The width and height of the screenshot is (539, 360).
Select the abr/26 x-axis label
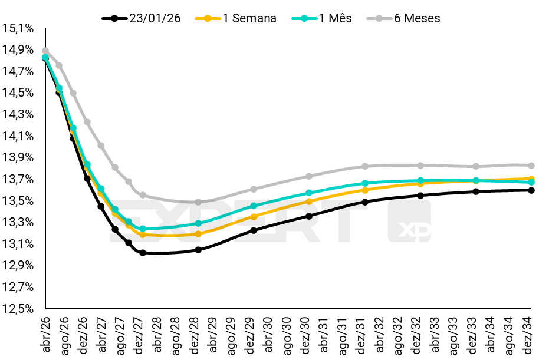tap(46, 334)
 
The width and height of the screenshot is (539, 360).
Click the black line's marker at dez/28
tap(198, 250)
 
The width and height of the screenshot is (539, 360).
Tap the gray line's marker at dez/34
tap(531, 166)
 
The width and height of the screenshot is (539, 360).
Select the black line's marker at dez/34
tap(531, 190)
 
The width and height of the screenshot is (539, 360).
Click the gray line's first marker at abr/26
tap(45, 51)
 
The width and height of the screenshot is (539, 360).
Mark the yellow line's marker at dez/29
tap(254, 217)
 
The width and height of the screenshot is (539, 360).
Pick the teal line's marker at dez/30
tap(309, 193)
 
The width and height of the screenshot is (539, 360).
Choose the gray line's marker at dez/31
tap(365, 166)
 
